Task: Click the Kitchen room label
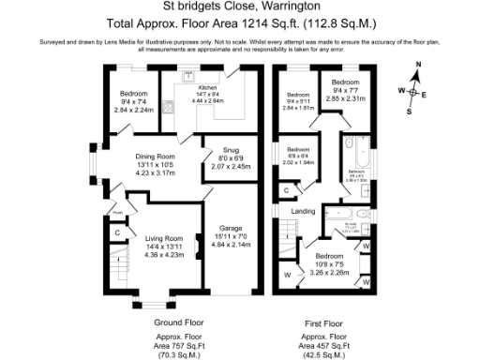[207, 86]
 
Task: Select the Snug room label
[230, 150]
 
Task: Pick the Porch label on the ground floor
[117, 212]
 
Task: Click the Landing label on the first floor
[304, 211]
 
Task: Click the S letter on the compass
[409, 111]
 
